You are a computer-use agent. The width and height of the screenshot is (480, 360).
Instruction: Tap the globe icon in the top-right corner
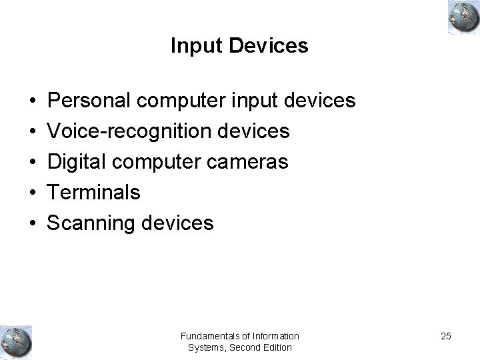462,16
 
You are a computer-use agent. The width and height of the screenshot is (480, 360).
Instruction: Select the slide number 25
445,336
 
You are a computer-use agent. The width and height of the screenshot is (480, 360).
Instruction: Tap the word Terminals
93,193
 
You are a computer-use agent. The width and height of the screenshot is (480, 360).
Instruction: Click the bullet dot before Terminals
32,193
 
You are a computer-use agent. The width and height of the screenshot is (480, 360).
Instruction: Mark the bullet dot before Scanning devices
32,223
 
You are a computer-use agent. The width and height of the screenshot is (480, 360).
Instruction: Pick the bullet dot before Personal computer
32,102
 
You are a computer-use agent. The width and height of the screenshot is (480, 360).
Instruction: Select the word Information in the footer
274,335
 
